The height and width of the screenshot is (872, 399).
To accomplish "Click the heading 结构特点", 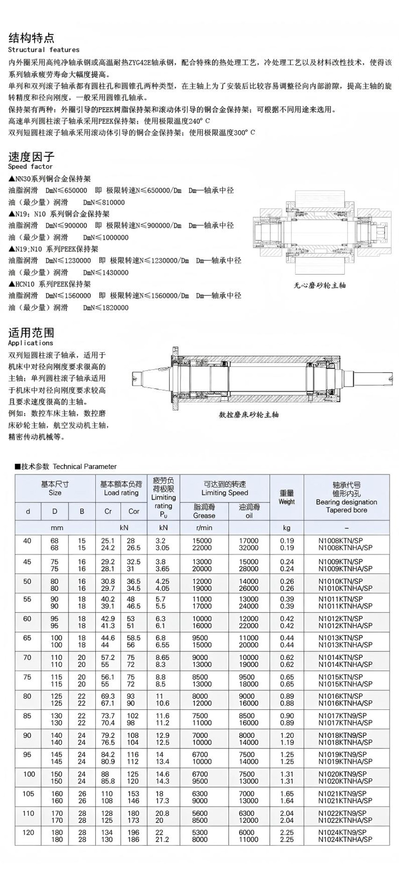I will click(31, 38).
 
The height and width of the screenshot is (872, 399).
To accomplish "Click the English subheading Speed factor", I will click(30, 167).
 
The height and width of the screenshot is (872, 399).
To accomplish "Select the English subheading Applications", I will click(31, 343).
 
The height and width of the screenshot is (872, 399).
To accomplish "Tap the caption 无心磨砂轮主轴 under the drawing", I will click(319, 285).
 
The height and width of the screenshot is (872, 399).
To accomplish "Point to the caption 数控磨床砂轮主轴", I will click(249, 415).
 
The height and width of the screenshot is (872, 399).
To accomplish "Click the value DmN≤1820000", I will click(106, 308).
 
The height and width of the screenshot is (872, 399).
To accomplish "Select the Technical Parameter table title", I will click(66, 467).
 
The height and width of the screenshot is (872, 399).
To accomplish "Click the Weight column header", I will click(287, 497).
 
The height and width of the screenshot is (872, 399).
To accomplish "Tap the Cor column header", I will click(134, 511).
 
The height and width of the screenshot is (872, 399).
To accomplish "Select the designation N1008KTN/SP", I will click(340, 541).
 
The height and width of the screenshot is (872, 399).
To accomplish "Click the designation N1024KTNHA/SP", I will click(345, 840).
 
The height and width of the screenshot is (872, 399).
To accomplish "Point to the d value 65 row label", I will click(27, 638).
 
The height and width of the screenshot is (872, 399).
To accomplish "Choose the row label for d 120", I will click(28, 832).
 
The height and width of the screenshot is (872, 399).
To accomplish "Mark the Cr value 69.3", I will click(108, 696).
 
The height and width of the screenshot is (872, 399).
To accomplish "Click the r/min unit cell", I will click(204, 528).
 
